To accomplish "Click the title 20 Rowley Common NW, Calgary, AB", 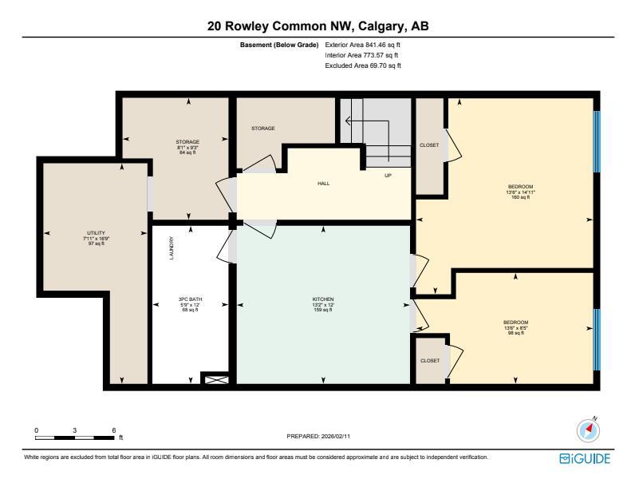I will click(x=317, y=26).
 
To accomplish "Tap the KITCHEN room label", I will click(x=322, y=299).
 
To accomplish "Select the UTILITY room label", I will click(x=96, y=232).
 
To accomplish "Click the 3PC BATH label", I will click(x=190, y=299).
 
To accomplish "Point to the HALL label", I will click(x=323, y=184).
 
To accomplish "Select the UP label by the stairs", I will click(x=388, y=176).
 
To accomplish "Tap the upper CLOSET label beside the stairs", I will click(x=429, y=145).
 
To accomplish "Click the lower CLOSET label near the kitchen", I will click(x=429, y=361).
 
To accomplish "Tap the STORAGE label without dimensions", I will click(x=263, y=128).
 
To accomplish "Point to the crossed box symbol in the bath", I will click(x=214, y=380).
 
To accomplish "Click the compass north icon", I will click(x=588, y=430).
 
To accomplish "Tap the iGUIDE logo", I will click(x=586, y=458).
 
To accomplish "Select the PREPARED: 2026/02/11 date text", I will click(x=317, y=437).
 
